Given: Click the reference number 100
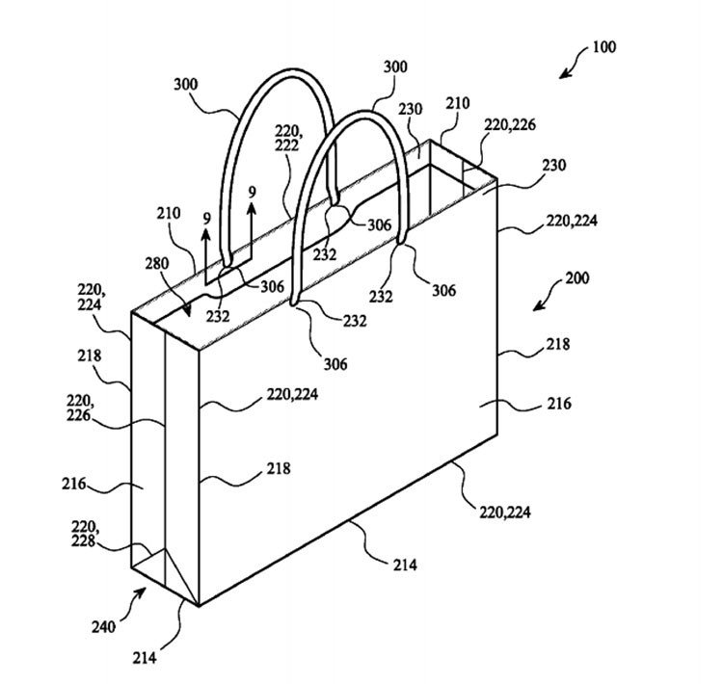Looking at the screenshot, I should (x=603, y=45).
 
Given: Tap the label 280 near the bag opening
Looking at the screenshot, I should (x=158, y=262).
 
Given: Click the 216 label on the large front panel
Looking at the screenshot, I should (x=557, y=404).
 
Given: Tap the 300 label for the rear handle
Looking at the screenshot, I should (x=186, y=84).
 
